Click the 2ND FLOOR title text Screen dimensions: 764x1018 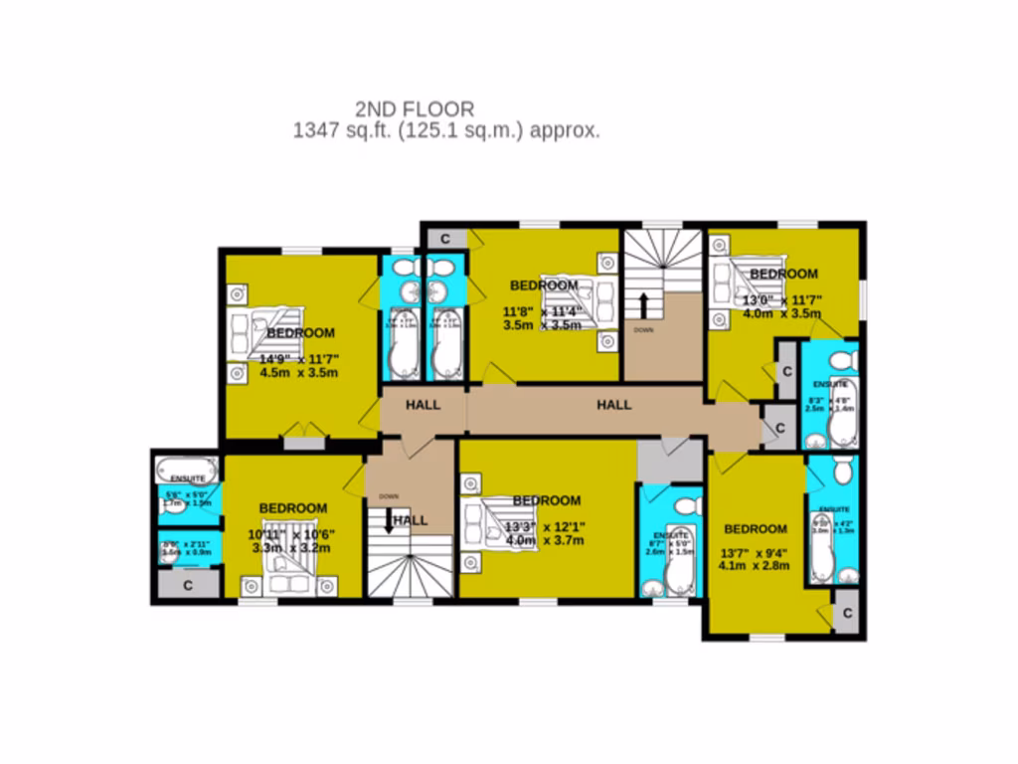(415, 108)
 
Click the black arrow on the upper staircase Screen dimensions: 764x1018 (644, 305)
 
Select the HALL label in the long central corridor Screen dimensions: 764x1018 (614, 405)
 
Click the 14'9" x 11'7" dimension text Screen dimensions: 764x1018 (299, 358)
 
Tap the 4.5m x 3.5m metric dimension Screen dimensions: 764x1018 (299, 373)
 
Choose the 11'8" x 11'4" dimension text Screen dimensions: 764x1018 (542, 308)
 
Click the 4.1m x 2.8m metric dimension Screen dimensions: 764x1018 (754, 566)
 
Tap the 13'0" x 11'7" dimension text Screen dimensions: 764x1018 (782, 299)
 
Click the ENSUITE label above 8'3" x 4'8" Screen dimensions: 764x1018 (829, 383)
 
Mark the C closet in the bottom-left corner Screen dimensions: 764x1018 (187, 586)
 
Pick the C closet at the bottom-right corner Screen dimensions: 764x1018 (848, 613)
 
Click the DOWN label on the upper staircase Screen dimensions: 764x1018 (644, 329)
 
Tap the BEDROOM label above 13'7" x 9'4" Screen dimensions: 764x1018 (755, 529)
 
